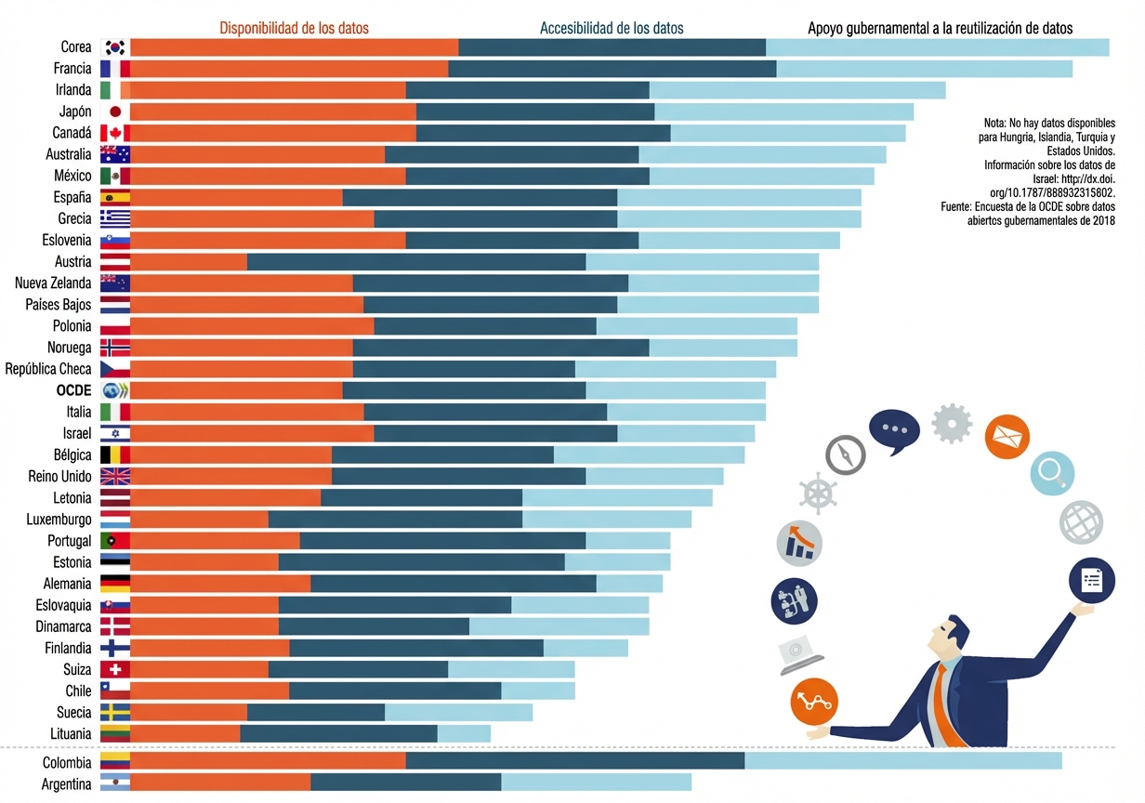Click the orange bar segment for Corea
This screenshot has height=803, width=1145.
coord(294,47)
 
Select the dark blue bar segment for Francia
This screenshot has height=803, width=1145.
coord(612,69)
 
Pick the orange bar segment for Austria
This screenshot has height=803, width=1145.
coord(189,262)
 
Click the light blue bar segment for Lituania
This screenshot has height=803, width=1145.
coord(464,734)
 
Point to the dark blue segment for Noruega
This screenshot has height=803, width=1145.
coord(500,348)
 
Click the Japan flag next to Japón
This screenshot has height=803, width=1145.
coord(115,112)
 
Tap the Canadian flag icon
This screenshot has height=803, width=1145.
coord(115,133)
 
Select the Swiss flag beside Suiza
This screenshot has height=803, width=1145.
coord(115,670)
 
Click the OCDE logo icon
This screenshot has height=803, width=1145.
coord(115,390)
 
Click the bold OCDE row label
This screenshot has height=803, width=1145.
coord(74,390)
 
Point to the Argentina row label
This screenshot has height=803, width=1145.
coord(67,784)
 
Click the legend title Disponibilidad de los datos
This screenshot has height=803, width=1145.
coord(294,28)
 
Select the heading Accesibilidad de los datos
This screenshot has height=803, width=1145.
coord(612,28)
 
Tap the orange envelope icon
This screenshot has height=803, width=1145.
coord(1007,436)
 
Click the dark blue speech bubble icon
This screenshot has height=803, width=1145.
coord(894,429)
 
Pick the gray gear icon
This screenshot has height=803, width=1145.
coord(951,424)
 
